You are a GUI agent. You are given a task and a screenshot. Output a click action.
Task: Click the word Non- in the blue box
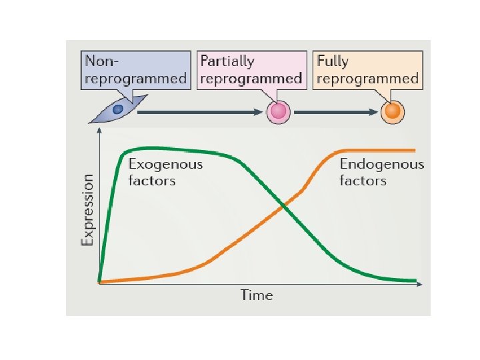[x=101, y=61]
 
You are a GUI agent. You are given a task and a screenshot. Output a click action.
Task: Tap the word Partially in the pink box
[x=228, y=61]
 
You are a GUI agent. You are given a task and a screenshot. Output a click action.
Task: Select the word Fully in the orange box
[x=333, y=61]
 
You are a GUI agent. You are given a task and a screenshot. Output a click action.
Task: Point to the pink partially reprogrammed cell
[x=277, y=112]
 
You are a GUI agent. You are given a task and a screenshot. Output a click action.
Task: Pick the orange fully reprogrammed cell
[x=392, y=111]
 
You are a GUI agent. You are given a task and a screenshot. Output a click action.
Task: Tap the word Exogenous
[x=165, y=164]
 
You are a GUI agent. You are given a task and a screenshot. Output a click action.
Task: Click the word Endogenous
[x=381, y=164]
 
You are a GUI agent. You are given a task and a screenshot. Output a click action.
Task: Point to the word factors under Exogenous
[x=151, y=181]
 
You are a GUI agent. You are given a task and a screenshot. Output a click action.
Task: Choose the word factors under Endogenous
[x=363, y=181]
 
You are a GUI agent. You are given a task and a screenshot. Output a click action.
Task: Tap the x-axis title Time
[x=257, y=295]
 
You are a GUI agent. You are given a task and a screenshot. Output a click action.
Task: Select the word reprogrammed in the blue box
[x=135, y=79]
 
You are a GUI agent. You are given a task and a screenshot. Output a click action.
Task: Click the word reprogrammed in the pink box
[x=254, y=79]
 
